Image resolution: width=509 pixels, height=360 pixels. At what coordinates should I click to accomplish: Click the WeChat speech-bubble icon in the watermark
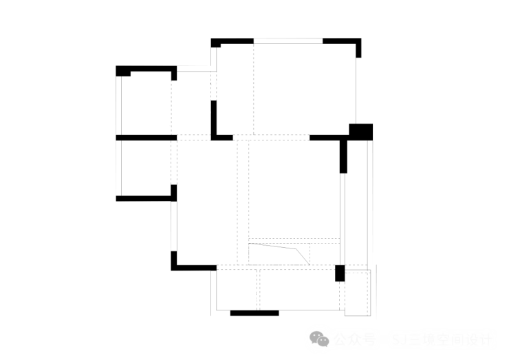(x=318, y=339)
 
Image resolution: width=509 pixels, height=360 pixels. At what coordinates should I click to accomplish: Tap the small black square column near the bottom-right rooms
(x=339, y=273)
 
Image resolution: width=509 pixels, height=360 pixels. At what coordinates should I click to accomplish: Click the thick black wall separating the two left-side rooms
(x=144, y=138)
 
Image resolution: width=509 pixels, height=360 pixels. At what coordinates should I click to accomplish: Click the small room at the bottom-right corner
(x=358, y=293)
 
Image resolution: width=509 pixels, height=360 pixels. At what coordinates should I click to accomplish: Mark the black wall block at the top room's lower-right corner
(x=355, y=129)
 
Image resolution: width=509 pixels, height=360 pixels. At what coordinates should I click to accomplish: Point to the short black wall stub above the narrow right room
(x=343, y=157)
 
